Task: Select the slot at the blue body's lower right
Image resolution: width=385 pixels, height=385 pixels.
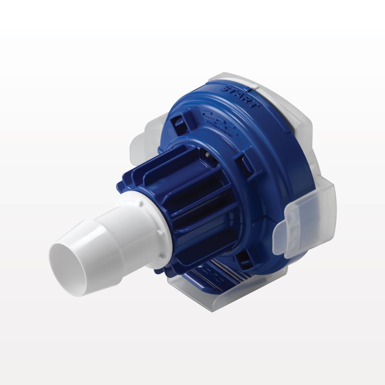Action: pyautogui.click(x=244, y=262)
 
